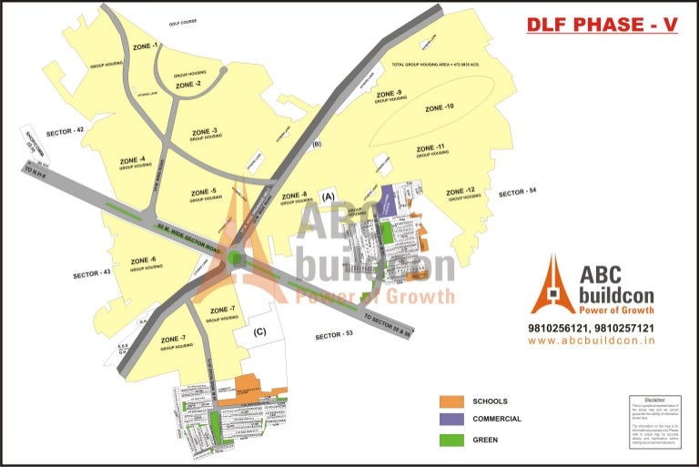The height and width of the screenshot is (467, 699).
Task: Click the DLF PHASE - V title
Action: click(x=602, y=25)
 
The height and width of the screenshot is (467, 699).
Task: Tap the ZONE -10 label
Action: click(x=439, y=107)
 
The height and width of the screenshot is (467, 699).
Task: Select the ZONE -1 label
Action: click(x=145, y=46)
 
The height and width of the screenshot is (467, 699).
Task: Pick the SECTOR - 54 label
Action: click(x=517, y=192)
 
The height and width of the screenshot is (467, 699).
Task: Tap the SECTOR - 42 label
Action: click(x=66, y=130)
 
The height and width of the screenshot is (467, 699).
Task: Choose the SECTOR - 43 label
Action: click(x=92, y=273)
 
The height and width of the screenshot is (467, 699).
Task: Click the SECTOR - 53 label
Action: click(x=334, y=336)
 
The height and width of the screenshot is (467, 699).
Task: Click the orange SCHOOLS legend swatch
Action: click(x=451, y=401)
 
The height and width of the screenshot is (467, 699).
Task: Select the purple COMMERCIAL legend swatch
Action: click(x=451, y=420)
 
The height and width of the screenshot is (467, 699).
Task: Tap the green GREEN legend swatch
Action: click(x=451, y=440)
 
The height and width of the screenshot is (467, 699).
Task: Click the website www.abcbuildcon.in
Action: click(x=592, y=340)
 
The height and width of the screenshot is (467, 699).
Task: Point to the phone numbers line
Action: click(x=592, y=327)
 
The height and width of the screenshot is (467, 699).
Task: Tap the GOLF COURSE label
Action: click(x=185, y=24)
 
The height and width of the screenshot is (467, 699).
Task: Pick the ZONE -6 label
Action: click(x=144, y=260)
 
